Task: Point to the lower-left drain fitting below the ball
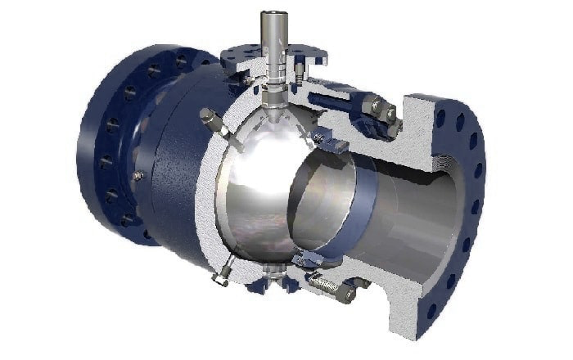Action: [222, 274]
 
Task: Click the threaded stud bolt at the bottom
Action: [328, 286]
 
